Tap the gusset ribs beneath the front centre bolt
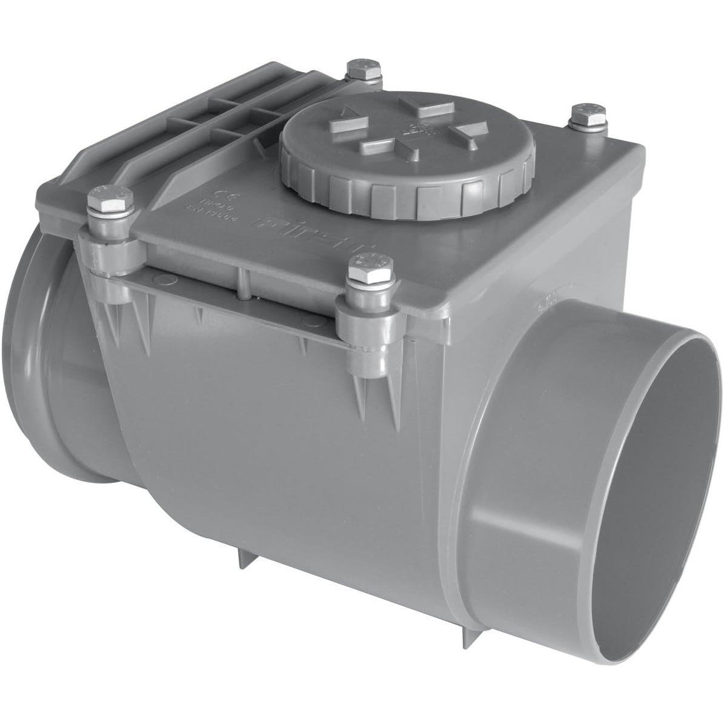tap(376, 394)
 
